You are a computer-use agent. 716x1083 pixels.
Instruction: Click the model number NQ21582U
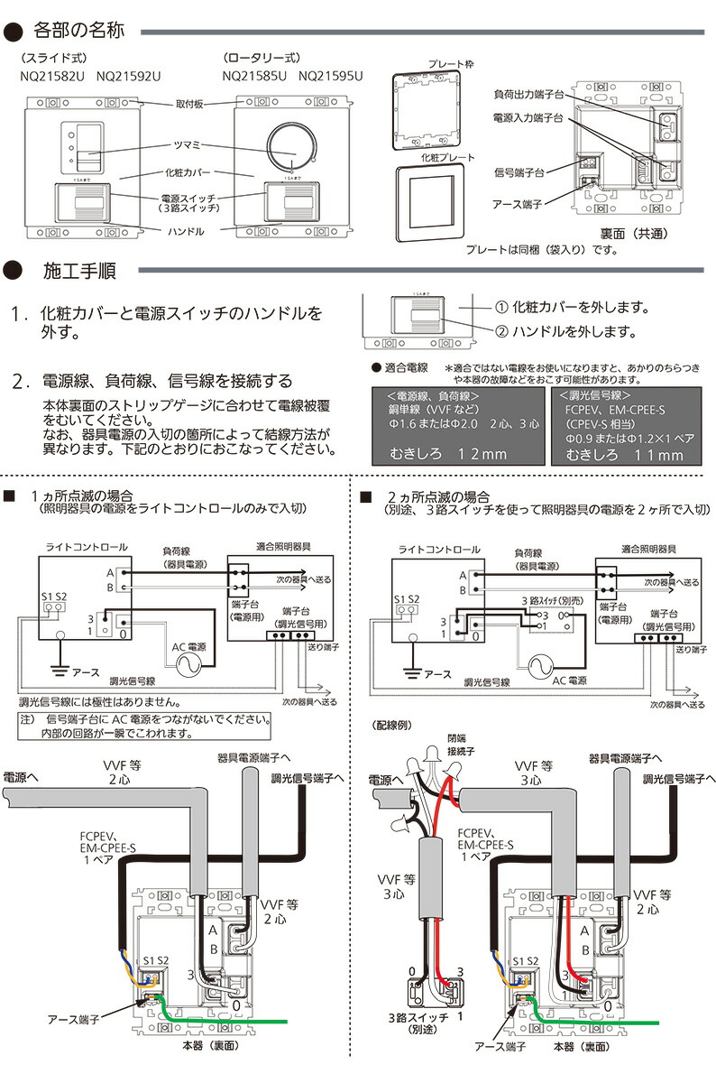pos(52,77)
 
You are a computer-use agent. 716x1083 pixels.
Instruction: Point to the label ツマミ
pos(186,145)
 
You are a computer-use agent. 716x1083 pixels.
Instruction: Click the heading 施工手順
pos(79,271)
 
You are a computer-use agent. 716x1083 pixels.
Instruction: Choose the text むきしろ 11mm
pos(625,455)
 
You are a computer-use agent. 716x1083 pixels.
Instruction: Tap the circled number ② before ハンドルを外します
pos(502,332)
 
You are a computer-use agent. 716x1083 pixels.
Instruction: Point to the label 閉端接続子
pos(457,745)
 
